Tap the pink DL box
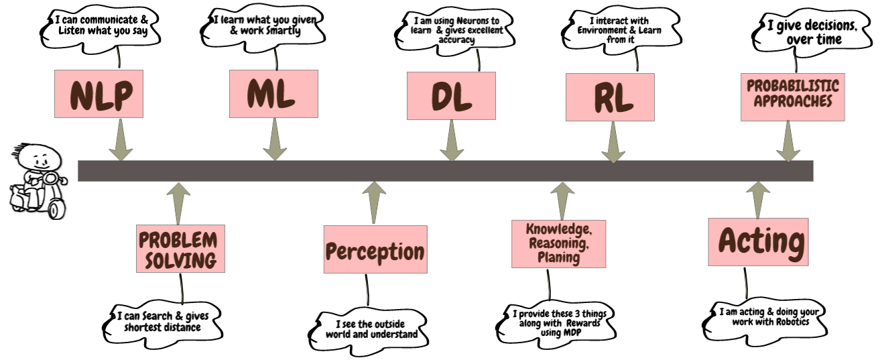[451, 96]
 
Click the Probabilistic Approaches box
[792, 96]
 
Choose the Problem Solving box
[178, 249]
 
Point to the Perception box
[375, 249]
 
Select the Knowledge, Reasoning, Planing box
[558, 243]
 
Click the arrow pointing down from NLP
[120, 141]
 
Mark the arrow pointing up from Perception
[373, 201]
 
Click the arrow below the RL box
[613, 142]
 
